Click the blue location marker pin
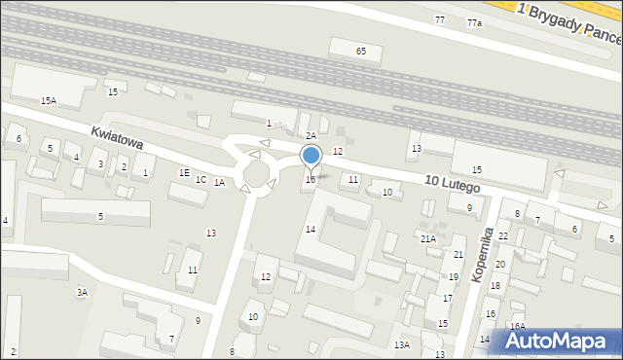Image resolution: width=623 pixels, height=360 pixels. [x=311, y=156]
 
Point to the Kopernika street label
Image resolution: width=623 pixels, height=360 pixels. [x=482, y=255]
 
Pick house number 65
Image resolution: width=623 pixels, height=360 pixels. [x=361, y=51]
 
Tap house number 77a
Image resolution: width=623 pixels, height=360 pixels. [x=474, y=22]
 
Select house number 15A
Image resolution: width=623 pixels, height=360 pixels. [x=48, y=100]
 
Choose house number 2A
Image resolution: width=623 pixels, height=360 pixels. [x=311, y=136]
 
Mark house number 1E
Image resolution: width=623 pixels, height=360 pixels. [x=184, y=172]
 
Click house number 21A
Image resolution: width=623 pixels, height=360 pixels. [x=427, y=238]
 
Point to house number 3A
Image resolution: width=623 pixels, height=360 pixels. [x=83, y=291]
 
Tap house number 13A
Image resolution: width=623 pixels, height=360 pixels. [x=401, y=344]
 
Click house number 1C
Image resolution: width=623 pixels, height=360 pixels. [x=201, y=179]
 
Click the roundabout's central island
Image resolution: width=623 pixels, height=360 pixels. [x=259, y=173]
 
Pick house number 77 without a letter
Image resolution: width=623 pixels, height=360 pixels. [x=440, y=19]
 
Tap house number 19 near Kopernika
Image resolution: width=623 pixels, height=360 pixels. [x=454, y=276]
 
